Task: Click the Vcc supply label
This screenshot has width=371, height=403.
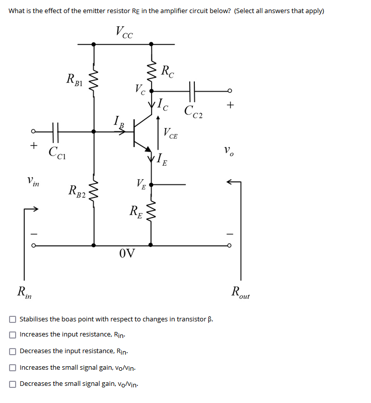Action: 124,32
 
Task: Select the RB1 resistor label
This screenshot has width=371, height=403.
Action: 76,79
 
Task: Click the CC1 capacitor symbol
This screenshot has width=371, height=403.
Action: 55,131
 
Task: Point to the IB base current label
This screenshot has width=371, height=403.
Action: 118,121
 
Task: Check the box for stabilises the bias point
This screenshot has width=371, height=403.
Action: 12,319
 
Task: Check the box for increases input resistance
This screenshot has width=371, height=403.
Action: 12,334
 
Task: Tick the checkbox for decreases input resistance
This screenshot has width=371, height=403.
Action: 12,351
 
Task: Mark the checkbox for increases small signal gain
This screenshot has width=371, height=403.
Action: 12,367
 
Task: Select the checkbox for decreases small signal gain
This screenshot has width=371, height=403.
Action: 12,384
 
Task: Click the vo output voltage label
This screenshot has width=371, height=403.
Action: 229,150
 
